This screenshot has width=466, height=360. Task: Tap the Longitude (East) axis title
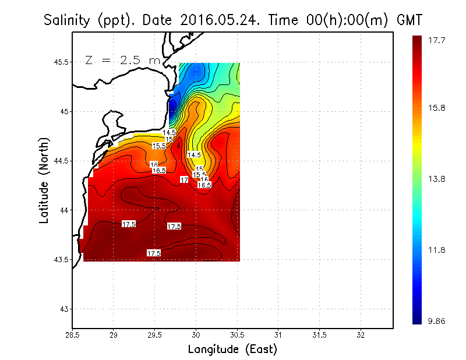tap(232, 350)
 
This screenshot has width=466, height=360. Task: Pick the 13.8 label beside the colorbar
tap(437, 179)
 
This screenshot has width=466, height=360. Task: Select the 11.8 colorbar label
tap(437, 250)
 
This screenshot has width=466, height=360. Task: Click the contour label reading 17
tap(184, 180)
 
